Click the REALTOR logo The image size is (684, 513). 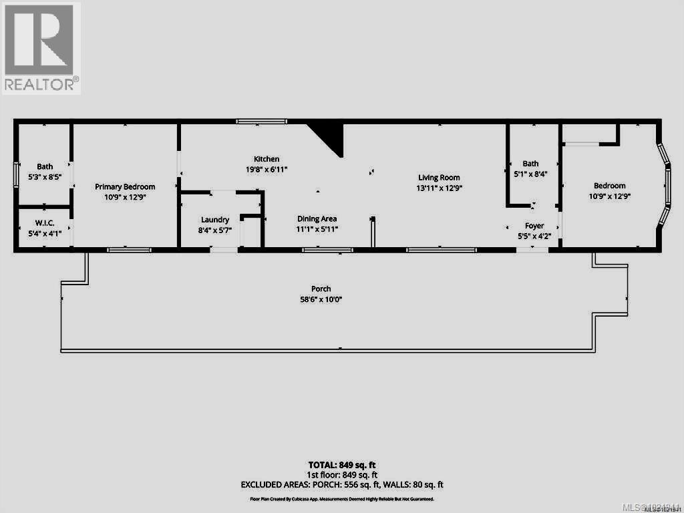[41, 47]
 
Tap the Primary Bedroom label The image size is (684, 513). [125, 187]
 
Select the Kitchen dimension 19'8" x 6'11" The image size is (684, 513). [267, 168]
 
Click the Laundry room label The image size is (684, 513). [215, 220]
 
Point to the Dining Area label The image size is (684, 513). [317, 218]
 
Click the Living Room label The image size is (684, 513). [440, 178]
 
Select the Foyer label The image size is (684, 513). [534, 226]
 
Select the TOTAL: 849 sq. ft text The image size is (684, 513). [342, 465]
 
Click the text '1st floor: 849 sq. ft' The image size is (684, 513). [342, 475]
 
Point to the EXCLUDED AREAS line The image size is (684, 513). [342, 485]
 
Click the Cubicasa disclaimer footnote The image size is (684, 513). [342, 499]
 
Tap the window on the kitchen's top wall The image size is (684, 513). [262, 121]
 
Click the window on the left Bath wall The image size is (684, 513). [17, 176]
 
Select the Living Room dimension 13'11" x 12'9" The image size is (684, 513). [440, 188]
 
